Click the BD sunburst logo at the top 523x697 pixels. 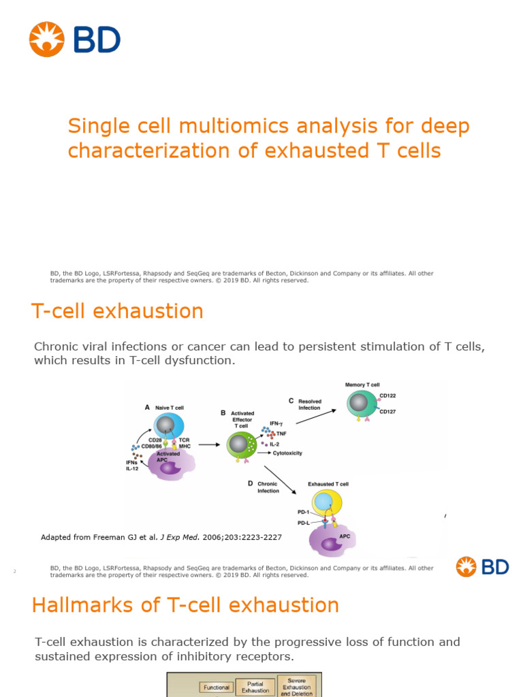pos(46,39)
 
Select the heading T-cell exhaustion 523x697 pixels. pos(117,311)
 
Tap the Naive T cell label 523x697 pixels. pos(169,408)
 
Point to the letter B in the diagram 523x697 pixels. pos(223,413)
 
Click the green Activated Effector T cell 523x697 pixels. pos(240,445)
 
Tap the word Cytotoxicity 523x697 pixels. pos(287,453)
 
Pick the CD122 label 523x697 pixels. pos(388,395)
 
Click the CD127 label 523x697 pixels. pos(388,412)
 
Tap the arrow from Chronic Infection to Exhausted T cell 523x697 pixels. pos(280,480)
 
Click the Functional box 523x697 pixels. pos(216,687)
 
